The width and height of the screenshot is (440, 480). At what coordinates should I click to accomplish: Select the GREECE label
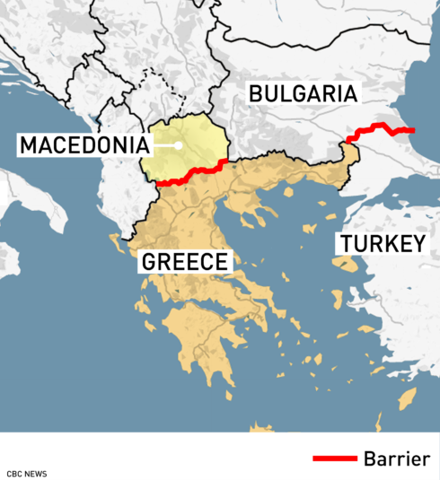184,262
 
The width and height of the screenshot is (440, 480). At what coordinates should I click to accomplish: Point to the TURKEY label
380,244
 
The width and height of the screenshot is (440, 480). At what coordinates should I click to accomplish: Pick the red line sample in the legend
335,459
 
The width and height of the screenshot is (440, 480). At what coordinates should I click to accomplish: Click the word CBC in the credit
14,473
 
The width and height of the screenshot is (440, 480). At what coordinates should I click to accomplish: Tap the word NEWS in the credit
35,473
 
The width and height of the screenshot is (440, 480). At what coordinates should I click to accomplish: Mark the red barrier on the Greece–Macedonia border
190,176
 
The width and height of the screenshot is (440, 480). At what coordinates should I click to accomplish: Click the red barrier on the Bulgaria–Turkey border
382,127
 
